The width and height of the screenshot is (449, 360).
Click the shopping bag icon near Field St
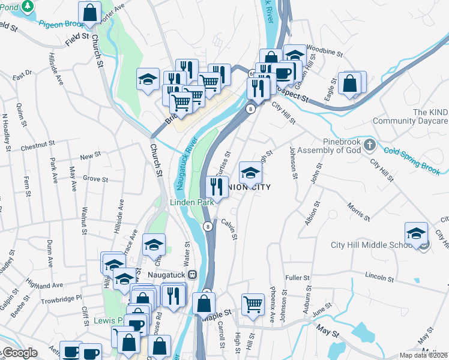[90, 12]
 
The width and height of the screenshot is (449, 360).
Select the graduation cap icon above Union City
[250, 173]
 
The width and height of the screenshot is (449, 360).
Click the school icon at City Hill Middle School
[417, 234]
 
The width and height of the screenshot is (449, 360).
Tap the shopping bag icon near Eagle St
[349, 83]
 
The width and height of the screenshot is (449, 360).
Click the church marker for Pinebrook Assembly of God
[370, 145]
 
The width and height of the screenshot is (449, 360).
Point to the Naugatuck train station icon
[193, 275]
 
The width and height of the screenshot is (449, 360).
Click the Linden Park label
[191, 202]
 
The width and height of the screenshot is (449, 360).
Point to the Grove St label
[95, 179]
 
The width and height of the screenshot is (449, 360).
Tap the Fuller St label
[297, 278]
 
